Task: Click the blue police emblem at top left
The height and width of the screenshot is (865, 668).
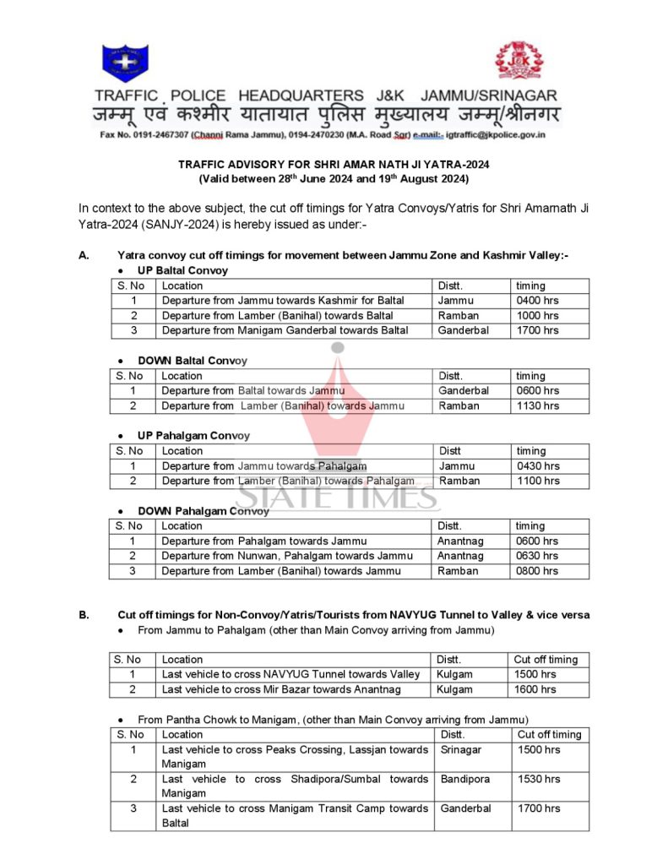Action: (125, 63)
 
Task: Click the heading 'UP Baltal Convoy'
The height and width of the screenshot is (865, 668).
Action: (182, 270)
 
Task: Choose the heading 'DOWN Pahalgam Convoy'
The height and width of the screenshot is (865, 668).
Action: (204, 511)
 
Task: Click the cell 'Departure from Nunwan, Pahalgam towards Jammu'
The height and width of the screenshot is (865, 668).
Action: (287, 556)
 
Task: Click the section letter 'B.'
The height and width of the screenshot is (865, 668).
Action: (84, 615)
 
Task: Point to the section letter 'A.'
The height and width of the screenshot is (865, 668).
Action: (84, 255)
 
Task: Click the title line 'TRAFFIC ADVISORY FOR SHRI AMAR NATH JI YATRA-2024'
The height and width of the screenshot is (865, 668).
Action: (334, 165)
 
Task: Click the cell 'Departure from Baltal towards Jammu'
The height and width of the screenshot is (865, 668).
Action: (253, 391)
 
